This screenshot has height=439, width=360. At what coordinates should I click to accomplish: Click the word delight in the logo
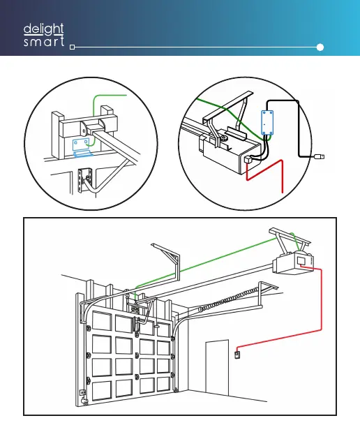[44, 29]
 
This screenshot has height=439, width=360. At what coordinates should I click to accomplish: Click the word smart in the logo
[44, 42]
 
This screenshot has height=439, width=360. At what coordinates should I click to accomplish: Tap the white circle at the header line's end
[320, 47]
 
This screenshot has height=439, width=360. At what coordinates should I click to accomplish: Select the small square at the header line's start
[73, 47]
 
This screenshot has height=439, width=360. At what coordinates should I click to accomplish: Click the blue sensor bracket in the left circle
[82, 147]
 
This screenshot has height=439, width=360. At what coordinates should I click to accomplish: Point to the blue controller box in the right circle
[267, 123]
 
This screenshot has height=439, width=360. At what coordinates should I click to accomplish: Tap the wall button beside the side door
[237, 355]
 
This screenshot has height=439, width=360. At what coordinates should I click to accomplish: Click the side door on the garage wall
[217, 368]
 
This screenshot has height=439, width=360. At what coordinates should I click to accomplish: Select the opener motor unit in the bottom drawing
[294, 263]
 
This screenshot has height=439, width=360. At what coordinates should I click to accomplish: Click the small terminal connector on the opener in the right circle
[248, 160]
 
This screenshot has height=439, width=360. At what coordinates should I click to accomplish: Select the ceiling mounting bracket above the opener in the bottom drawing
[290, 236]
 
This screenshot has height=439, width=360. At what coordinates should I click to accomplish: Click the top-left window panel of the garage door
[102, 320]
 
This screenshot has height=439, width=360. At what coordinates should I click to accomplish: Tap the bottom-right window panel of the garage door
[163, 384]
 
